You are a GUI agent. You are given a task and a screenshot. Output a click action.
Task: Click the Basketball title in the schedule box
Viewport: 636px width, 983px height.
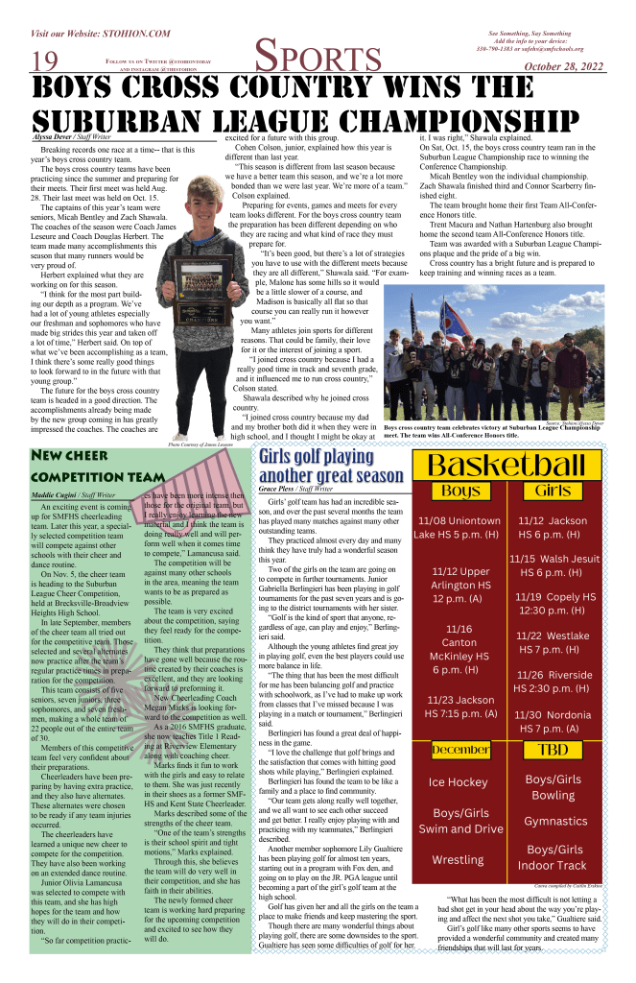[x=508, y=467]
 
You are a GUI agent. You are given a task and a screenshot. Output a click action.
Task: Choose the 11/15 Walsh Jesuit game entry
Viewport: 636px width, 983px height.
[x=554, y=565]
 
